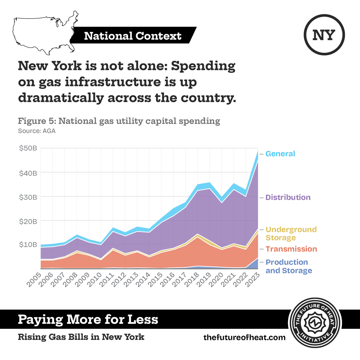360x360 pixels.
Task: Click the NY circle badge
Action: pos(324,35)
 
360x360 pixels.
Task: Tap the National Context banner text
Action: pos(133,36)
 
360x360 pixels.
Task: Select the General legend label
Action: pos(280,154)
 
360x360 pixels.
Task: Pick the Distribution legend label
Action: pos(288,197)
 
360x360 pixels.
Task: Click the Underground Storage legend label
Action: pos(291,234)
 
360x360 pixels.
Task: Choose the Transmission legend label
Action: pos(291,249)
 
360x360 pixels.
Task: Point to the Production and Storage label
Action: pos(289,266)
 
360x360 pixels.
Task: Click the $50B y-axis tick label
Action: pos(28,148)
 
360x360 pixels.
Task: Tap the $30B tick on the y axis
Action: pos(28,197)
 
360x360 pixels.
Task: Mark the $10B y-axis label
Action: pos(28,244)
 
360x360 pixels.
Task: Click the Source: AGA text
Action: pos(37,131)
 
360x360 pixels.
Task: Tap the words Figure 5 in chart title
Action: pos(37,121)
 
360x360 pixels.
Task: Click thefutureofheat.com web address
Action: pos(244,337)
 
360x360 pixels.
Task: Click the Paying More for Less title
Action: pos(88,319)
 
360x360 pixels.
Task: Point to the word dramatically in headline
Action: pos(61,98)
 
